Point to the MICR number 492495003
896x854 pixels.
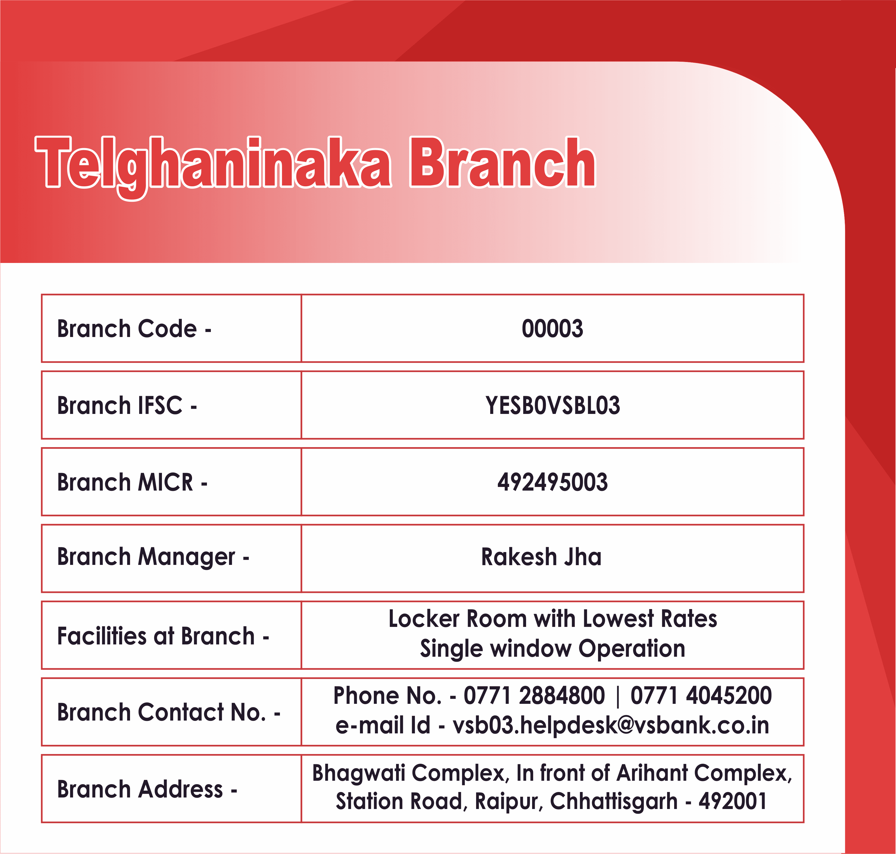[x=553, y=482]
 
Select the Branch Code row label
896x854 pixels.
[x=134, y=329]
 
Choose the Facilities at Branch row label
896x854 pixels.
[x=163, y=636]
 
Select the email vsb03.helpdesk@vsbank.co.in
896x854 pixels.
[x=611, y=725]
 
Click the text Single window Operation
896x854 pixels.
[x=553, y=649]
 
